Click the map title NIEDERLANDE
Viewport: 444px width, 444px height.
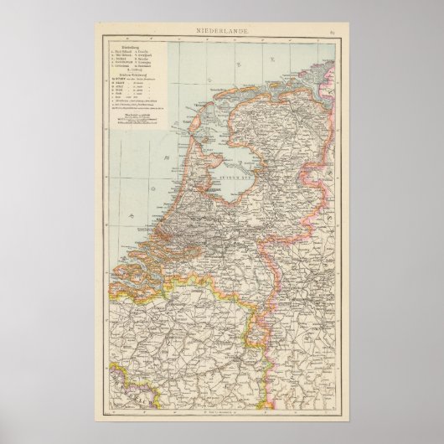click(x=222, y=31)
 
